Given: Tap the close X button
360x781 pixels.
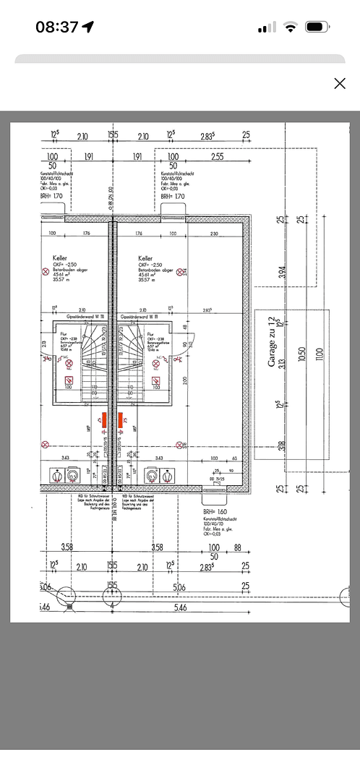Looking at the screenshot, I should pyautogui.click(x=340, y=83).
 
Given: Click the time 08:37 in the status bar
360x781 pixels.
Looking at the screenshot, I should pyautogui.click(x=56, y=27).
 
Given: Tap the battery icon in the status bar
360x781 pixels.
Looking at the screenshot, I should pyautogui.click(x=317, y=27).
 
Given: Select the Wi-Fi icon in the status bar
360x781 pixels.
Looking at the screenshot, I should pyautogui.click(x=291, y=27).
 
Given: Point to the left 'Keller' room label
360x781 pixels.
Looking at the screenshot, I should pyautogui.click(x=61, y=258).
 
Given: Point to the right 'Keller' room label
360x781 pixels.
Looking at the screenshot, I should pyautogui.click(x=145, y=258).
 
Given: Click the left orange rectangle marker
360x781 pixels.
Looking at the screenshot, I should pyautogui.click(x=103, y=419).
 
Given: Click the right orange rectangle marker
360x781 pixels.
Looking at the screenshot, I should pyautogui.click(x=121, y=419).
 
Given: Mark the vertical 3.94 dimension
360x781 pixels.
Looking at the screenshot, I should pyautogui.click(x=283, y=272).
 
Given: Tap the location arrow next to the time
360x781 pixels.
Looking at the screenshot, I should pyautogui.click(x=88, y=27).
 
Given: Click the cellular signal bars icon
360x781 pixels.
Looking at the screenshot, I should pyautogui.click(x=267, y=27).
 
